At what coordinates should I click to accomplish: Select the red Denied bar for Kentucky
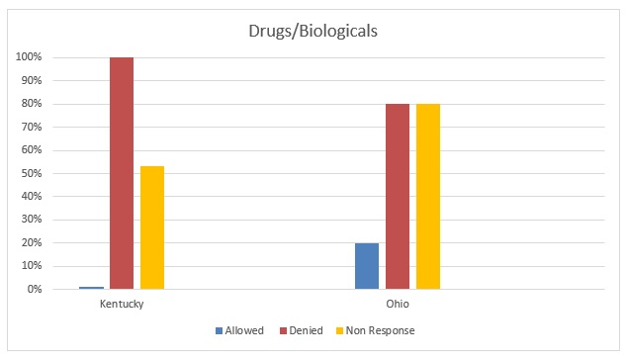[x=122, y=173]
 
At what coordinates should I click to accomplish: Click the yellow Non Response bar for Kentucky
[x=152, y=227]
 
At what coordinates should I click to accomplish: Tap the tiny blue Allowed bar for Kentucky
[x=92, y=288]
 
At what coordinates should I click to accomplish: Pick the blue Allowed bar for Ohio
[x=367, y=266]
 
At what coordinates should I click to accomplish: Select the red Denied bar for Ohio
[x=398, y=197]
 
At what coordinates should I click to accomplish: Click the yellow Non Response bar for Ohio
[x=428, y=197]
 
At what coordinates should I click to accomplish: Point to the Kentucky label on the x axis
[x=122, y=304]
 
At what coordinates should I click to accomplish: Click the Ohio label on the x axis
[x=398, y=304]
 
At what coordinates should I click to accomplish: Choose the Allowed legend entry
[x=240, y=330]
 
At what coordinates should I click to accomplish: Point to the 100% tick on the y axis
[x=28, y=57]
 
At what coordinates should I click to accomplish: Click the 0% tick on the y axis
[x=33, y=290]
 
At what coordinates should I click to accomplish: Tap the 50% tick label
[x=30, y=174]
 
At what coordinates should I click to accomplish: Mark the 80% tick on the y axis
[x=30, y=104]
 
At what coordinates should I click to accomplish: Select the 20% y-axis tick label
[x=30, y=243]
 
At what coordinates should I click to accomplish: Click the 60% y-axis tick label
[x=30, y=150]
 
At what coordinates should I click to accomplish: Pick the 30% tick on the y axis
[x=30, y=220]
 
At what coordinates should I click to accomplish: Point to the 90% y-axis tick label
[x=30, y=81]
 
